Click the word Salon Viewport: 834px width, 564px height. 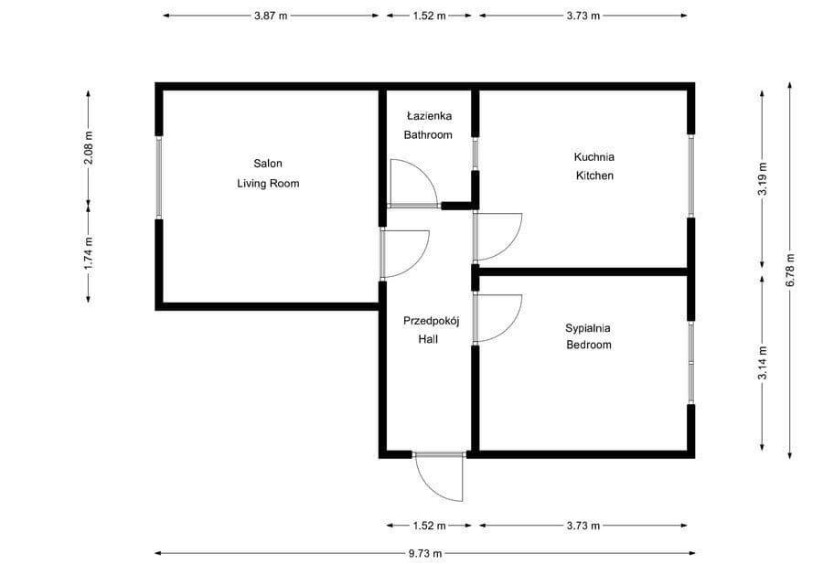(268, 164)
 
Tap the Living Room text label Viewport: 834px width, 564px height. (268, 184)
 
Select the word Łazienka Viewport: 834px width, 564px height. (429, 115)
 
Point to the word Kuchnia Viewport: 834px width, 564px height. (594, 157)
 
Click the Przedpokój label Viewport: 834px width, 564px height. (431, 321)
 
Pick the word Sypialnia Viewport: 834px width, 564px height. (588, 328)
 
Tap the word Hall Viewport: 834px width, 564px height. (428, 339)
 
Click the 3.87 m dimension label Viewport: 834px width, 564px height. (271, 16)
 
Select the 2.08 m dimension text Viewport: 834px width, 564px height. (89, 147)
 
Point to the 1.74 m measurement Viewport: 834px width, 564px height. (89, 252)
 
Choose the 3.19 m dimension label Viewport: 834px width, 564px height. (762, 177)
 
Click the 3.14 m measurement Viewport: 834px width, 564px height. (762, 363)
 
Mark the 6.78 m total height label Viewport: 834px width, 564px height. (790, 270)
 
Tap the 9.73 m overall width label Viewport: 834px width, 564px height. (425, 553)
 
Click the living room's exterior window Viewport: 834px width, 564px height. (158, 177)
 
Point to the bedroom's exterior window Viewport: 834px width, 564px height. (691, 363)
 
